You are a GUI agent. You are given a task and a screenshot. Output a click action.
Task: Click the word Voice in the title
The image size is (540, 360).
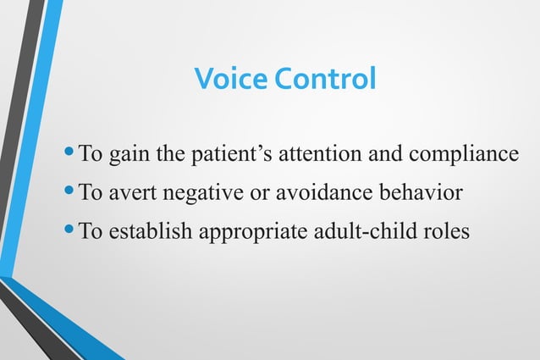(x=225, y=80)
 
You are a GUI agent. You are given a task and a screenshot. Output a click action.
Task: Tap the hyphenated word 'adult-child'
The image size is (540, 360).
(x=361, y=230)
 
